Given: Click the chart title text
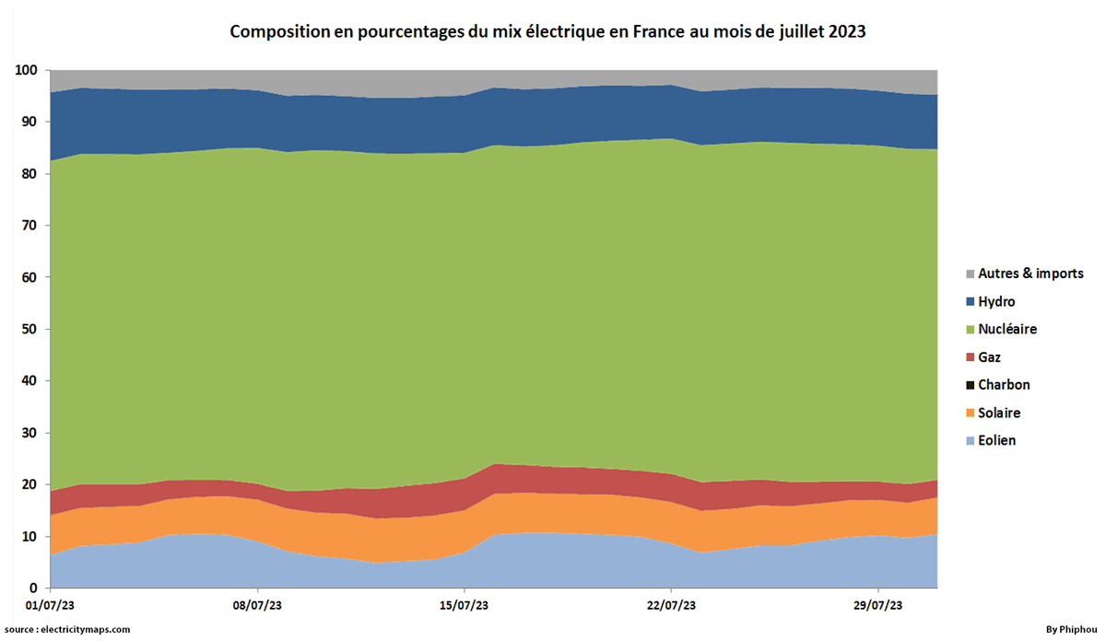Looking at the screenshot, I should point(547,31).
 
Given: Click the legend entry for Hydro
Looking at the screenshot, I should point(996,302).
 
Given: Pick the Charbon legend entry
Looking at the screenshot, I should point(1004,385).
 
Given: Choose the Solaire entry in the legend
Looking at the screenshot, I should point(999,413).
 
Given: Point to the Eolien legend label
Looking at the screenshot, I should point(996,440).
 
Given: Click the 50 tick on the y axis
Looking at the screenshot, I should point(29,329).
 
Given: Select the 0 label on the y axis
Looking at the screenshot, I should point(33,588).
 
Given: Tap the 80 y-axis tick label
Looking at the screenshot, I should point(29,174).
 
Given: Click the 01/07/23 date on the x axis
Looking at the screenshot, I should point(51,606).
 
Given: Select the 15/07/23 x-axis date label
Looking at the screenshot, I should point(465,606).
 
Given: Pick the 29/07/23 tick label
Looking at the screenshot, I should point(878,606).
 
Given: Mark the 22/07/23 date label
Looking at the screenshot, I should point(671,606).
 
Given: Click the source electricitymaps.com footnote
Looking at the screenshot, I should point(67,629).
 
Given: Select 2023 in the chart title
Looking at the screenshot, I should point(845,31).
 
